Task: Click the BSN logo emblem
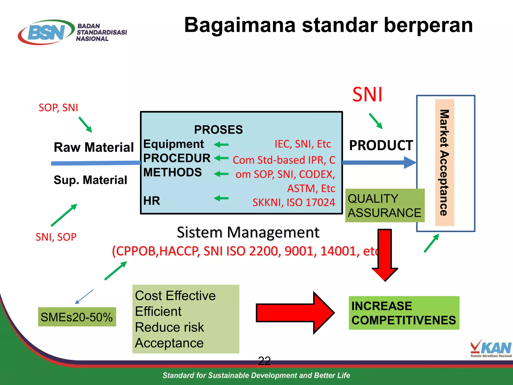tap(46, 32)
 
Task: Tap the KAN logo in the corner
tap(491, 348)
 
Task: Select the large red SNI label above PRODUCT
tap(367, 95)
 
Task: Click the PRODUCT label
tap(381, 145)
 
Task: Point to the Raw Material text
tap(94, 147)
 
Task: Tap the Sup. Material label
tap(90, 180)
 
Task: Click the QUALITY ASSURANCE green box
tap(384, 206)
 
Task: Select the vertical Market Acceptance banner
tap(444, 162)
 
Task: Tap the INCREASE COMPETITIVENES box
tap(404, 313)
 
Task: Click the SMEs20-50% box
tap(77, 317)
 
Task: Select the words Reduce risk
tap(169, 327)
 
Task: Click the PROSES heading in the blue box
tap(218, 130)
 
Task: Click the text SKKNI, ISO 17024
tap(294, 202)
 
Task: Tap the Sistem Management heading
tap(248, 232)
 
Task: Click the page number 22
tap(264, 361)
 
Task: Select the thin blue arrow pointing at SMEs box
tap(84, 297)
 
